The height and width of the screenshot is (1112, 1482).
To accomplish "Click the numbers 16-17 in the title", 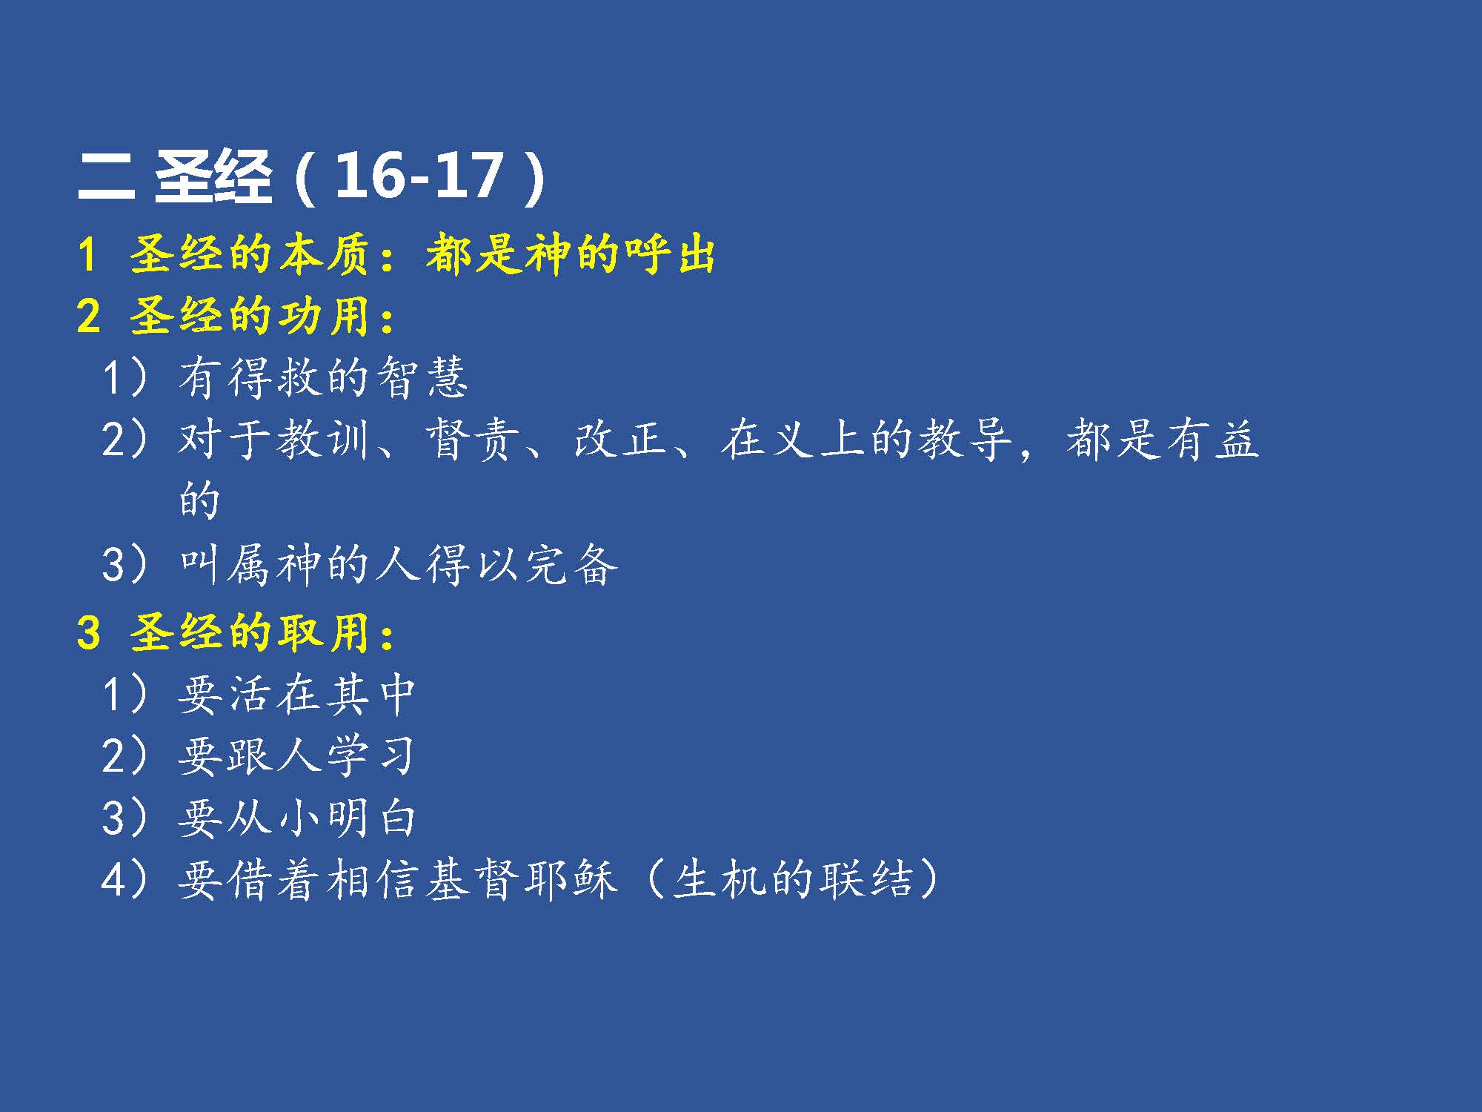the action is [x=419, y=176].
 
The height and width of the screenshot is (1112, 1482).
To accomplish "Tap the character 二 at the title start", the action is [x=106, y=177].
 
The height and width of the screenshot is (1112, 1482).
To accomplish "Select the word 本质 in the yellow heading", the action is [x=324, y=254].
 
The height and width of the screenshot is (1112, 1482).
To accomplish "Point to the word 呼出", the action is [x=669, y=254].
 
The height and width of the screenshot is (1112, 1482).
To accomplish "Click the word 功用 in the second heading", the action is [x=324, y=316].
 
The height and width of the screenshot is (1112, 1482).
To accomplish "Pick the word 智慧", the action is [x=422, y=377].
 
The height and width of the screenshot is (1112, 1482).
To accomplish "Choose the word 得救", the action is [x=274, y=377].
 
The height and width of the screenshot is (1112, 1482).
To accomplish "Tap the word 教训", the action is [x=323, y=439].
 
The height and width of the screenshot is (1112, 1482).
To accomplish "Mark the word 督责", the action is [x=471, y=439].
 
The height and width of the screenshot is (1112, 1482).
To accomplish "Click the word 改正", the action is [x=619, y=439].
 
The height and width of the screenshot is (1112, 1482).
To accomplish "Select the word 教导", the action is [x=965, y=439].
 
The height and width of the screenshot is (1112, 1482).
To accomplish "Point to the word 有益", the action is [x=1212, y=439].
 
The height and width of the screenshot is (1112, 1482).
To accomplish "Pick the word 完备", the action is [x=571, y=565].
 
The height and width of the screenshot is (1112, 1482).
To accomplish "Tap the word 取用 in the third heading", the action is [x=324, y=633].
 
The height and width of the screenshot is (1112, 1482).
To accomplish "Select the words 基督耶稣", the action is [x=521, y=881].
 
